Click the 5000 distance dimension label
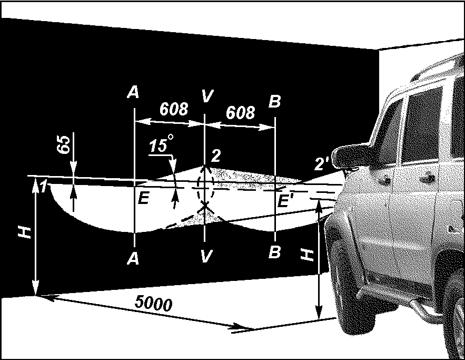tap(153, 303)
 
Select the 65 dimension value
tap(64, 144)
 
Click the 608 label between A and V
tap(174, 109)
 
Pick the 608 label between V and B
tap(240, 112)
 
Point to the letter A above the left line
tap(133, 92)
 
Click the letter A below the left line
tap(133, 259)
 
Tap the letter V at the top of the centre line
tap(207, 95)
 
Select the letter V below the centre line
tap(206, 256)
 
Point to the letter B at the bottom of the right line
tap(274, 252)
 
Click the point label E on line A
tap(144, 198)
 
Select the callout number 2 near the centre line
tap(215, 155)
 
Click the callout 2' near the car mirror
tap(322, 163)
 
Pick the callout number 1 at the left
tap(44, 187)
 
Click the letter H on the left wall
tap(25, 233)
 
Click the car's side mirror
tap(351, 156)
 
